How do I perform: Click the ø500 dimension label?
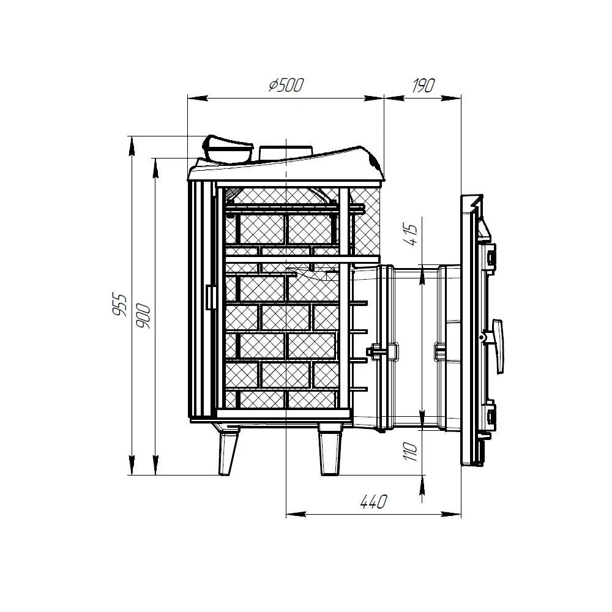pyautogui.click(x=286, y=85)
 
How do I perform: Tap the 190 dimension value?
pyautogui.click(x=423, y=85)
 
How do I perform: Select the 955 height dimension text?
pyautogui.click(x=120, y=304)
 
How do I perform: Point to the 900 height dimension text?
pyautogui.click(x=143, y=316)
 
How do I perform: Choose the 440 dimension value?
pyautogui.click(x=373, y=502)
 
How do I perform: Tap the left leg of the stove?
pyautogui.click(x=227, y=452)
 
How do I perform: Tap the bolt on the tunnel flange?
pyautogui.click(x=377, y=350)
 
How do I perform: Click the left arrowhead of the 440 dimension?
pyautogui.click(x=296, y=515)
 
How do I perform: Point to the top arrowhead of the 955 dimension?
pyautogui.click(x=132, y=146)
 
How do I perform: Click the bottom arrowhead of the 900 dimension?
pyautogui.click(x=155, y=465)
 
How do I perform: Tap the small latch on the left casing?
pyautogui.click(x=211, y=297)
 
